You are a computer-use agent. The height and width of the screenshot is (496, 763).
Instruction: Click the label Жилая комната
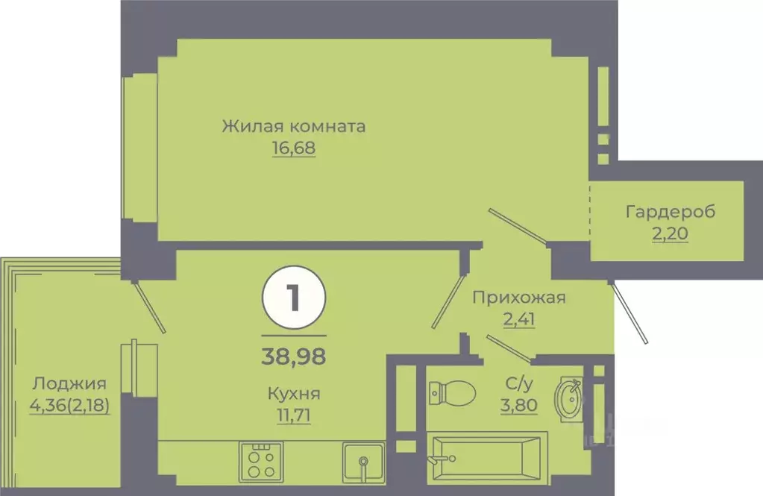293,126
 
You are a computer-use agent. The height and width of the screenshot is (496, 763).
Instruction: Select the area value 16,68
293,148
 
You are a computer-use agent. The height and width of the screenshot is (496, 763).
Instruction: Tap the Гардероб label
670,212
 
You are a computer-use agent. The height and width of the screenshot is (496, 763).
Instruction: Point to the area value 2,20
670,235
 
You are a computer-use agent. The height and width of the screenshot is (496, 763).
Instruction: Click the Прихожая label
519,298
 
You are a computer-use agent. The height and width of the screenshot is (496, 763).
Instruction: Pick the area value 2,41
519,321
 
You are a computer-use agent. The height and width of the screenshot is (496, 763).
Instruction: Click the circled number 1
293,298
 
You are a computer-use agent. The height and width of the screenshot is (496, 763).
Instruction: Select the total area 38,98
293,353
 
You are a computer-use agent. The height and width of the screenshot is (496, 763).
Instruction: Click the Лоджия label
69,384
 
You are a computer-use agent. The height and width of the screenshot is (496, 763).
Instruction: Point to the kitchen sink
363,461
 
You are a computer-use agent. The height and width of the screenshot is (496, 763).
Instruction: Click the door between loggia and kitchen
149,307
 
